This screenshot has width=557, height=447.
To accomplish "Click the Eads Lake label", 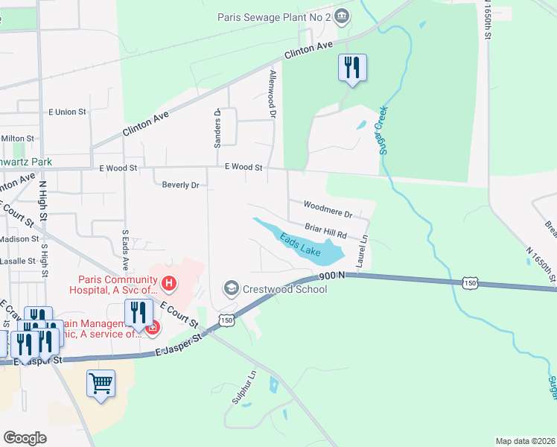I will [x=300, y=245].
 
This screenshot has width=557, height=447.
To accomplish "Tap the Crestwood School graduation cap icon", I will [x=232, y=288].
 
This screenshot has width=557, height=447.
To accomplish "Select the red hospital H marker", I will [x=170, y=283].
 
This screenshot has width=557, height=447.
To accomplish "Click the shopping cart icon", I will [x=101, y=384].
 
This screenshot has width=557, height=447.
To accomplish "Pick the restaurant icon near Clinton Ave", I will [x=351, y=68].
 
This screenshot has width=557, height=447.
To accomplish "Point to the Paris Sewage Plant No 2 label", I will [x=273, y=16].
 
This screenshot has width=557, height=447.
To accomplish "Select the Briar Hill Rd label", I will [x=326, y=230].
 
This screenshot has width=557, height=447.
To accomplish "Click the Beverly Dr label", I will [x=180, y=185].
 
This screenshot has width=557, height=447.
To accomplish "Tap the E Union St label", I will [x=68, y=112].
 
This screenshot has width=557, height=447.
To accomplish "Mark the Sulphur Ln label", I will [x=244, y=389].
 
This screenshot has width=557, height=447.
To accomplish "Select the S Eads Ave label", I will [x=126, y=251].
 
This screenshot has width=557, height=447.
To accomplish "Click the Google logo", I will [x=25, y=437].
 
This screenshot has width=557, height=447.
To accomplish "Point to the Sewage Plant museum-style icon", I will [x=341, y=16].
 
